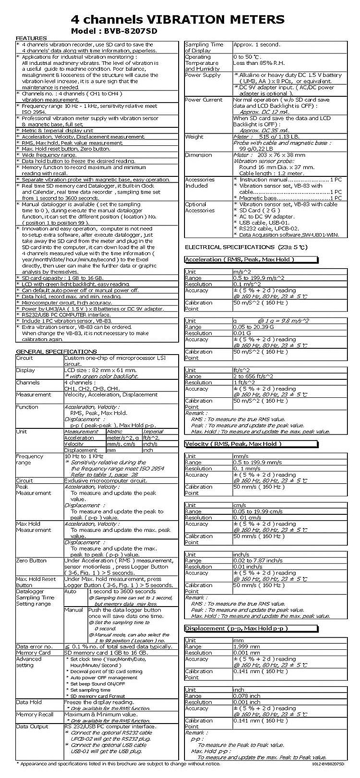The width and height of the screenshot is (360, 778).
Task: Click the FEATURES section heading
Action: pos(31,38)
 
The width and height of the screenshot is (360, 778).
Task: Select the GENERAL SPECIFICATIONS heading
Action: pos(56,351)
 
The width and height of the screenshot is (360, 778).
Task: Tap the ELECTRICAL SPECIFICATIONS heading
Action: pos(246,247)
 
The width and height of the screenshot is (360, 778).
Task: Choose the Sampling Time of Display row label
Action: pos(204,47)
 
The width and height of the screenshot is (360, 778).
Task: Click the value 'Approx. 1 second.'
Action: pos(256,45)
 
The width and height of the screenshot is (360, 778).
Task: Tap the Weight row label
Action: pos(194,136)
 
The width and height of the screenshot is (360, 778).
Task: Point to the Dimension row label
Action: pos(198,155)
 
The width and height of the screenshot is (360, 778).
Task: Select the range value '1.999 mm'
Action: pos(247,647)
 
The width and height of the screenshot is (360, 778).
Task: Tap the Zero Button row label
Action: pos(31,561)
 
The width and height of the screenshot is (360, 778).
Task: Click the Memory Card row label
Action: pos(33,652)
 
